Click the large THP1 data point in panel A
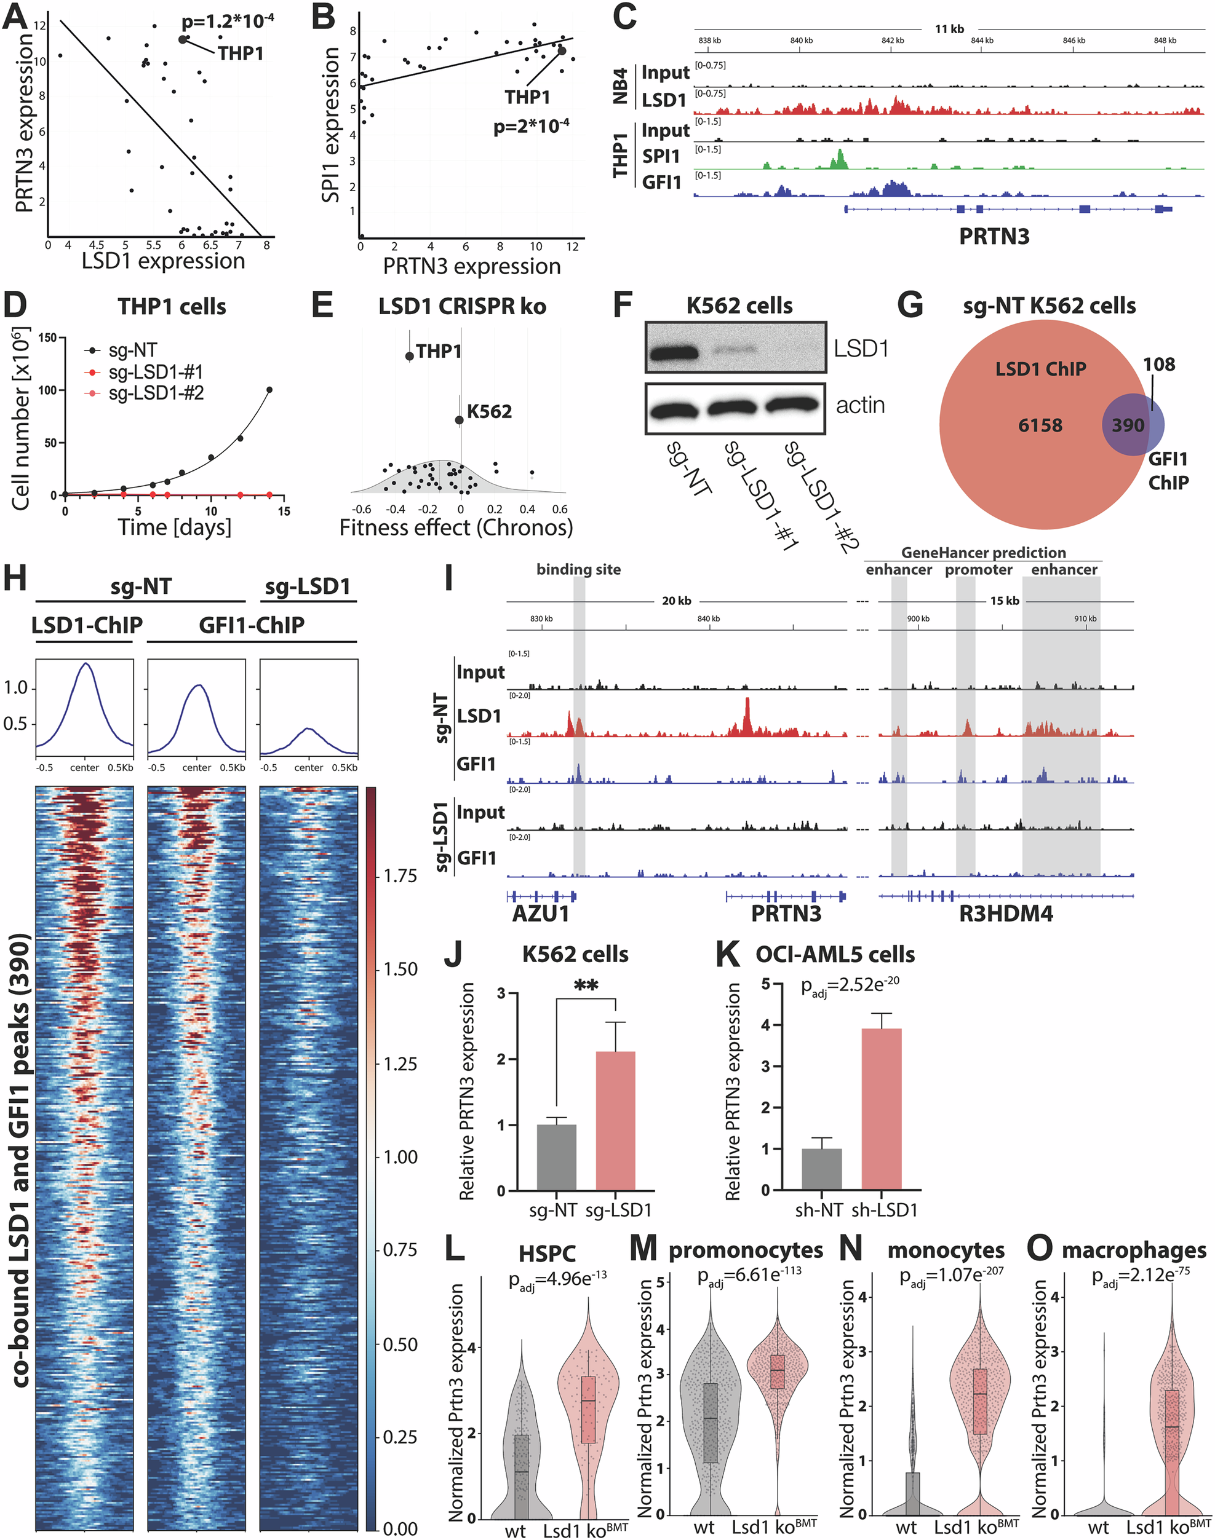tap(183, 40)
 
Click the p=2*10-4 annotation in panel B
tap(531, 127)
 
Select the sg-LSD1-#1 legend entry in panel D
tap(155, 372)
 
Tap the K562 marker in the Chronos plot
tap(460, 420)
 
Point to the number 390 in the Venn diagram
tap(1128, 426)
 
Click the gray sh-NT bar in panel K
tap(822, 1169)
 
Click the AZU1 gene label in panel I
tap(541, 914)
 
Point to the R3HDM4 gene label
tap(1005, 914)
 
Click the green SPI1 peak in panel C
tap(840, 159)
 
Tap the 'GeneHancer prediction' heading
tap(983, 553)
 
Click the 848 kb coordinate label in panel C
tap(1165, 41)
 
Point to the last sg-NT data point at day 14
tap(269, 390)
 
